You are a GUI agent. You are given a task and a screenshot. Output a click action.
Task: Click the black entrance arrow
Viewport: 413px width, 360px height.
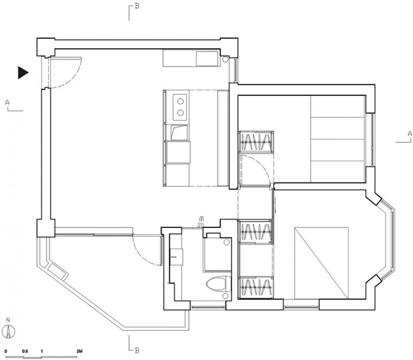click(x=23, y=72)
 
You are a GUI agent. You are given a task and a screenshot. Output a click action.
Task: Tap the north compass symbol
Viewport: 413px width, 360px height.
click(x=9, y=331)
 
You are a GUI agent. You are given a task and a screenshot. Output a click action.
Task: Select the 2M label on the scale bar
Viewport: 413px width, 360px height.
click(x=79, y=351)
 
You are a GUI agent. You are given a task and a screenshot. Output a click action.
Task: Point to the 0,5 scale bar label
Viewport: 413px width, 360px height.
click(x=25, y=351)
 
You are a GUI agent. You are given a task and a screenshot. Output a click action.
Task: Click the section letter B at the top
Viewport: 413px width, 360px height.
click(x=137, y=6)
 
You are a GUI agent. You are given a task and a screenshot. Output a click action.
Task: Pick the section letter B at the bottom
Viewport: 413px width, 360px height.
click(x=137, y=350)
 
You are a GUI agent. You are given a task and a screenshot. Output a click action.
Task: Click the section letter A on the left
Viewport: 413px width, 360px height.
click(x=8, y=102)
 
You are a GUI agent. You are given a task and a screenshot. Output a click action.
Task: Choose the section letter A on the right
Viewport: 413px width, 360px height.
click(x=410, y=134)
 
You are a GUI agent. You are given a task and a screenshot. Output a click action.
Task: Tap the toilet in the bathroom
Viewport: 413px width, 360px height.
click(x=217, y=284)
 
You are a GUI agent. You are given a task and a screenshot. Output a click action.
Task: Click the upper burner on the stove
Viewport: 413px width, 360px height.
click(x=180, y=101)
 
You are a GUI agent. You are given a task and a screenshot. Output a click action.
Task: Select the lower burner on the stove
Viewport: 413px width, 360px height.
click(x=180, y=112)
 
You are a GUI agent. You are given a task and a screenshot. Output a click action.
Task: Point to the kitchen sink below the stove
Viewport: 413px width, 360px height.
click(x=179, y=132)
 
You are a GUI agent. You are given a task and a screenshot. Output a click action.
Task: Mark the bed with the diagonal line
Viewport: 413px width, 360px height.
click(x=322, y=263)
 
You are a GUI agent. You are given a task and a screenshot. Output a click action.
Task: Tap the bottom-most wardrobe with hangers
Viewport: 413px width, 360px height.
click(x=256, y=288)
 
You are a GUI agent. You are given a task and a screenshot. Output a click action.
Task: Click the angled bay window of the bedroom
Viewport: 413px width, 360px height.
click(x=387, y=239)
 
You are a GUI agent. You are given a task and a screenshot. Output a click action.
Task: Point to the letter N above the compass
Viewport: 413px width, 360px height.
click(x=8, y=320)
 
